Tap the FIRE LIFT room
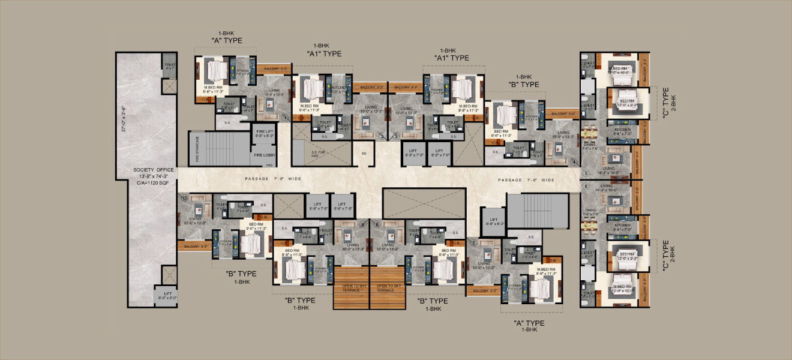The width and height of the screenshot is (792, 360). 265,133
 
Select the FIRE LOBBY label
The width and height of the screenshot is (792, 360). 265,155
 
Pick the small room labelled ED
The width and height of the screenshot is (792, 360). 363,153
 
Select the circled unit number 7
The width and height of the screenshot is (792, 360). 473,242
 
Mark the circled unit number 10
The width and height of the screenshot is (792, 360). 185,197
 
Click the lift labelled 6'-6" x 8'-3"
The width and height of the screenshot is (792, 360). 494,221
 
